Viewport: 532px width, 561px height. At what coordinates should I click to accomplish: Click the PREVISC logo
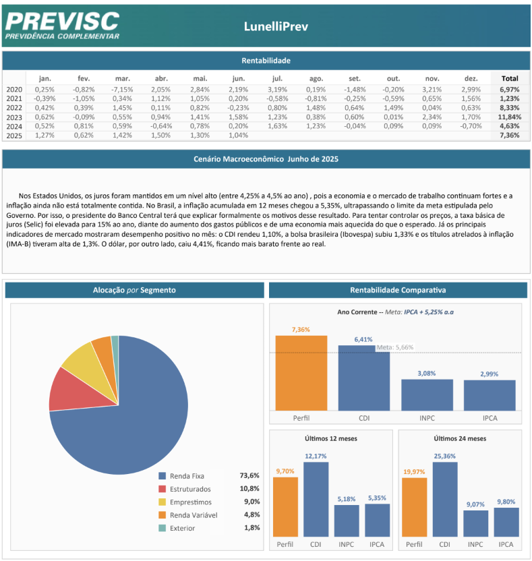coord(62,26)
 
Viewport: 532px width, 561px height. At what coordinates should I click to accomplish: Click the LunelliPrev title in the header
coord(276,26)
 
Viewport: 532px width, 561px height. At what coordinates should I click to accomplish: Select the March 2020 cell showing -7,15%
coord(122,90)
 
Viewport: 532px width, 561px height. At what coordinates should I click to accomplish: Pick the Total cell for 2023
coord(510,117)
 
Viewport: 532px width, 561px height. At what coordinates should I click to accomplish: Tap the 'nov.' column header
coord(432,79)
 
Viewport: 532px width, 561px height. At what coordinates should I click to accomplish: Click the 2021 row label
coord(14,98)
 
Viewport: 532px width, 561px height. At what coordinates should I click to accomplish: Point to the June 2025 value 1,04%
coord(238,136)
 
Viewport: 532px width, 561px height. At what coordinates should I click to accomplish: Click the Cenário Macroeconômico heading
coord(266,159)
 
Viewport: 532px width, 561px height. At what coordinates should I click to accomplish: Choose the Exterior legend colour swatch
coord(162,528)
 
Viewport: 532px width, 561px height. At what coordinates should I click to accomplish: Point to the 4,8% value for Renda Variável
coord(252,515)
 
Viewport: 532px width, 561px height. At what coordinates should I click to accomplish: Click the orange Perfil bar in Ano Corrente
coord(301,373)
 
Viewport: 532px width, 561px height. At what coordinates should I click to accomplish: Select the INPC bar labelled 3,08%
coord(427,395)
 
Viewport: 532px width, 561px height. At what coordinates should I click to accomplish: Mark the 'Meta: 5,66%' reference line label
coord(395,347)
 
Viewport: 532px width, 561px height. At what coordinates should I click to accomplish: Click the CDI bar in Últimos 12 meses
coord(316,500)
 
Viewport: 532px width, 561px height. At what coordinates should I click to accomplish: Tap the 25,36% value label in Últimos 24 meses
coord(445,456)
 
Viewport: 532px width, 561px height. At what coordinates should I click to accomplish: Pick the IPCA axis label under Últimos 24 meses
coord(506,545)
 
